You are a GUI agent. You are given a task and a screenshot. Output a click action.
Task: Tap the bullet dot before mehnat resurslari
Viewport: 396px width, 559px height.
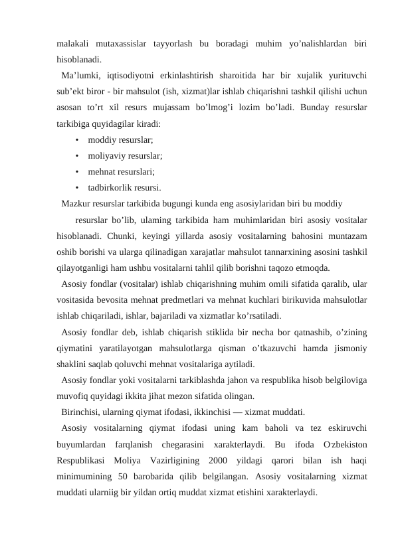[78, 171]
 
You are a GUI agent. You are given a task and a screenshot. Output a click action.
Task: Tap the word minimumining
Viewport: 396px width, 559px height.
[84, 475]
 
